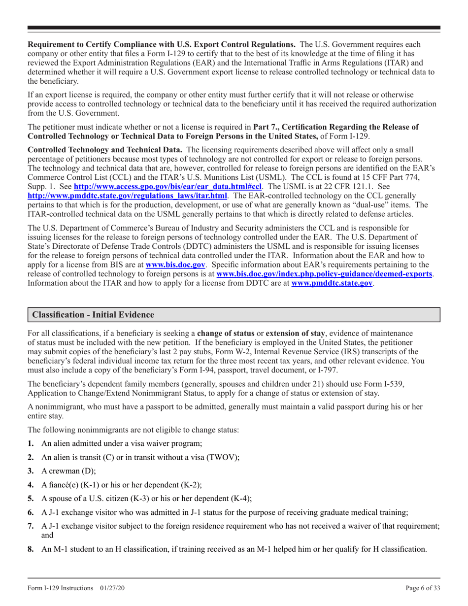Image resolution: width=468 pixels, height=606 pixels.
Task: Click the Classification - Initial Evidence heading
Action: click(x=93, y=314)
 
